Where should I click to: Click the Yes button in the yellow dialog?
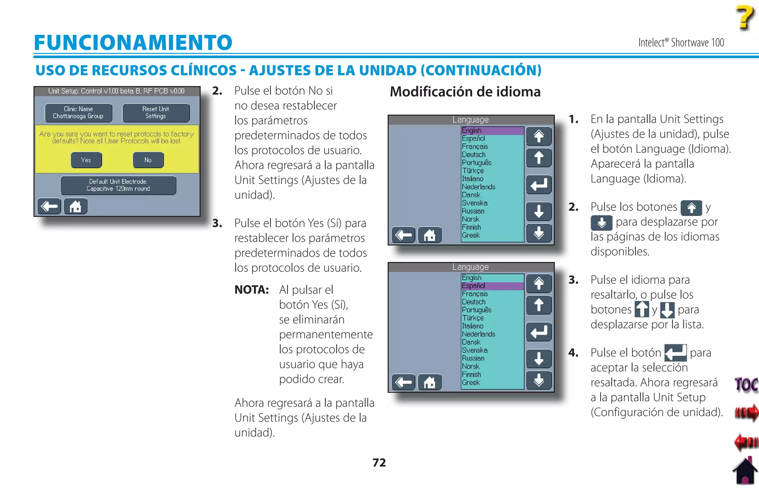click(86, 160)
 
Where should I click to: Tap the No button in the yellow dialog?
click(148, 160)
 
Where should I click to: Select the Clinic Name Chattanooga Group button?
click(78, 113)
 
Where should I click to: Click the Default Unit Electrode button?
click(118, 185)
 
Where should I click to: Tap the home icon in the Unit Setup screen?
click(75, 206)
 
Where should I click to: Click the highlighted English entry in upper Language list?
click(491, 130)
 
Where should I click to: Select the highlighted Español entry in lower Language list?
click(491, 286)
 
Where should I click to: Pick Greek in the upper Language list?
click(471, 235)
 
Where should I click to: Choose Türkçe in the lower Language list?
click(473, 318)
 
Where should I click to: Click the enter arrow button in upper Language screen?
click(538, 185)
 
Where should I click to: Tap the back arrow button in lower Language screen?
click(403, 382)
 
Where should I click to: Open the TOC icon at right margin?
click(745, 384)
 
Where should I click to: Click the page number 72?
click(379, 462)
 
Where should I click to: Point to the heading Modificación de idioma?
click(465, 92)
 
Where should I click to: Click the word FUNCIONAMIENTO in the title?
click(133, 42)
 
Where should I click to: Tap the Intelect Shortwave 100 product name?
click(681, 43)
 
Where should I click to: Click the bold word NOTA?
click(251, 289)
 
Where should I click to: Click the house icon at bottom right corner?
click(745, 471)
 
